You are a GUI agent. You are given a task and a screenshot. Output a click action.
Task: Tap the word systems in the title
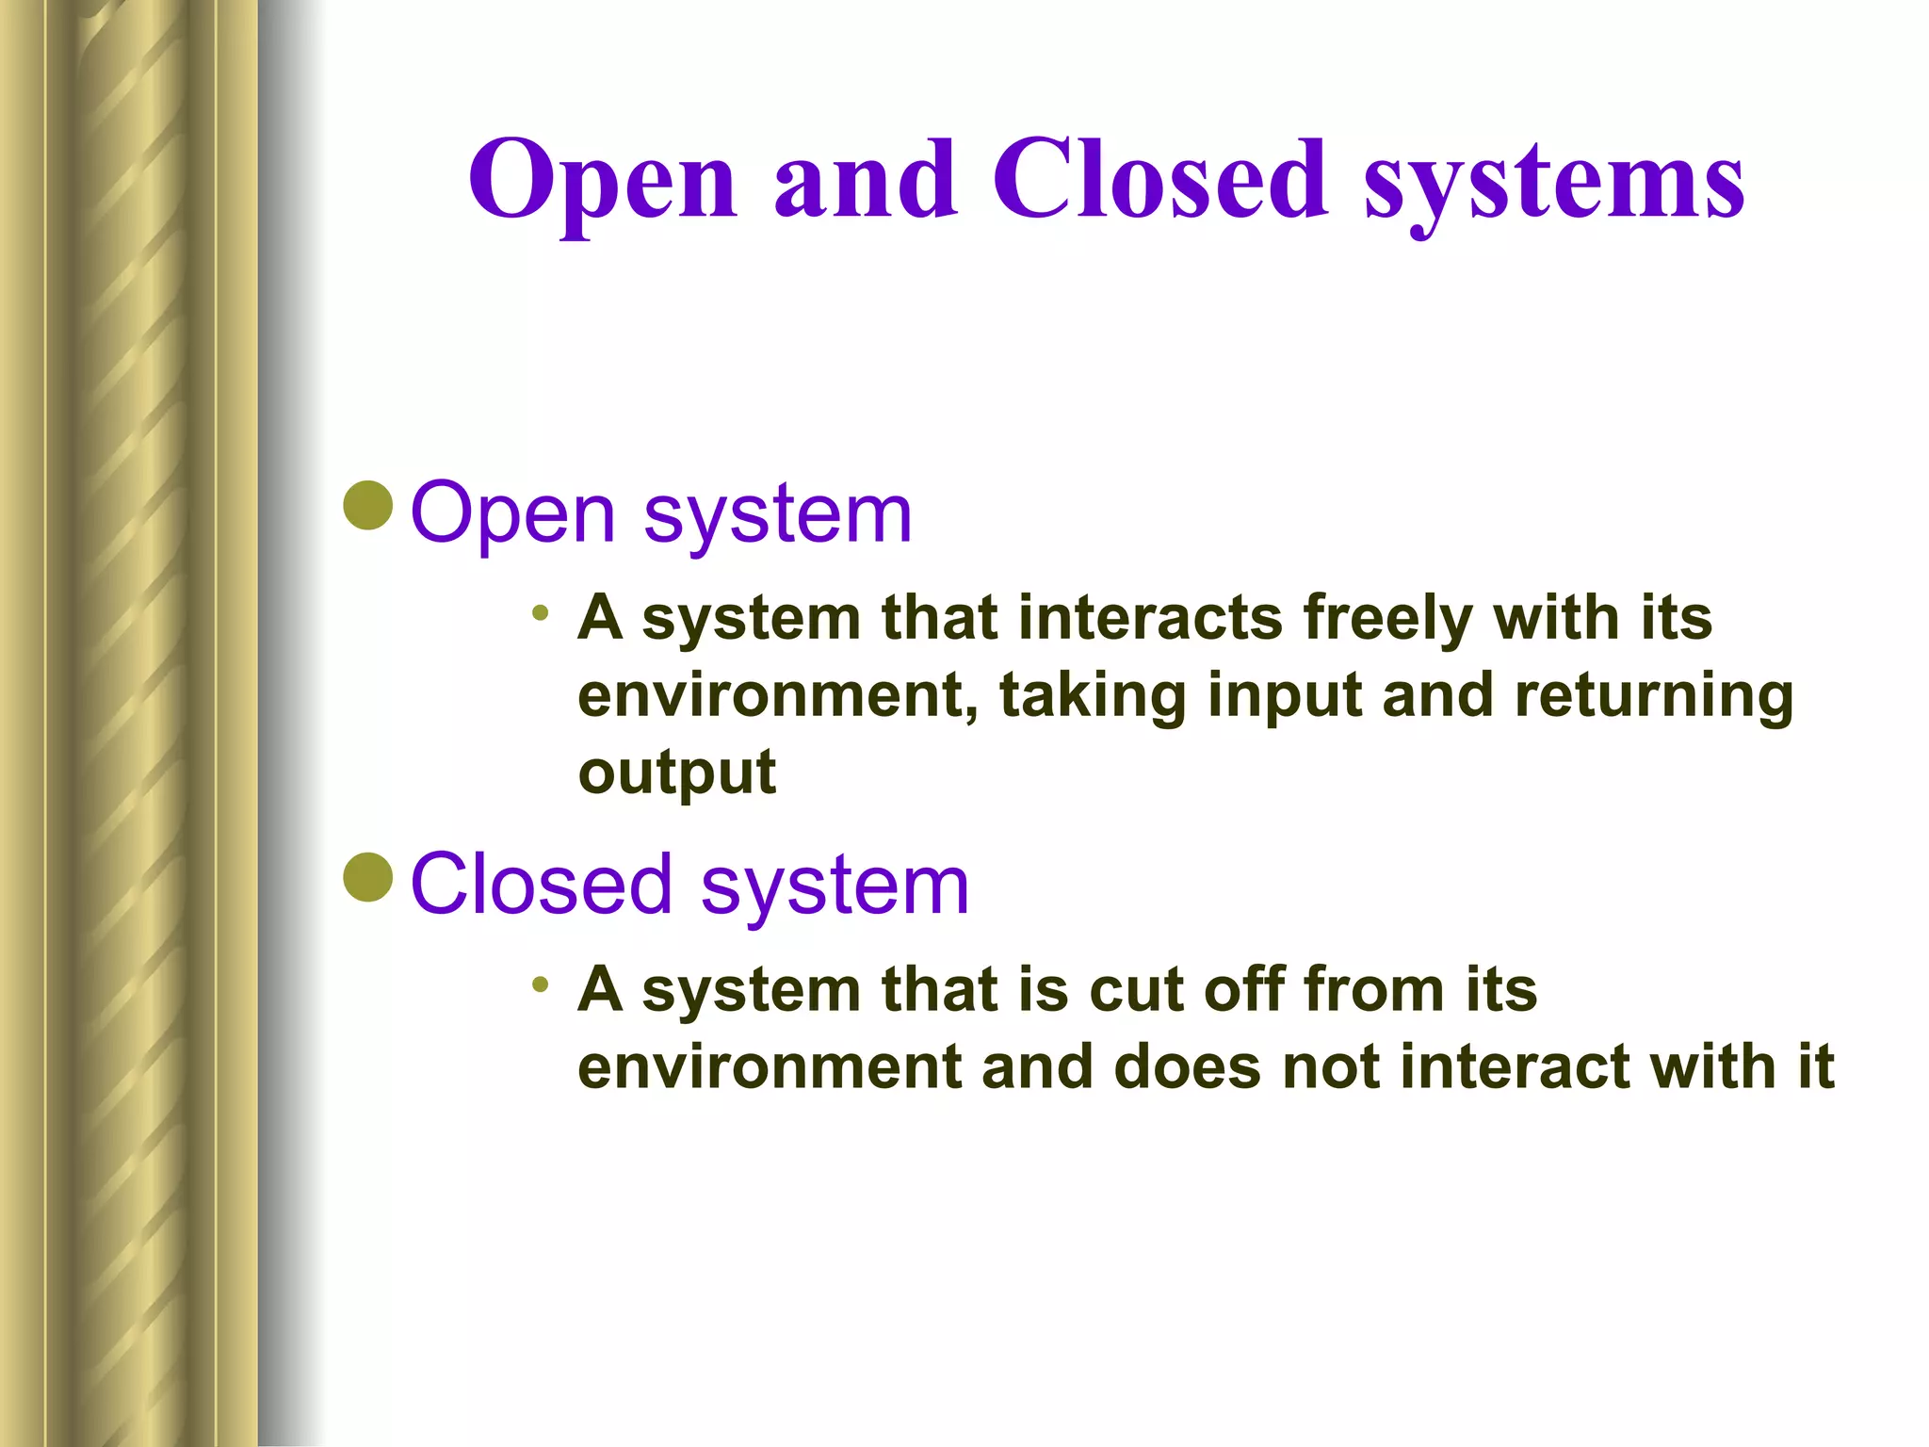1554,184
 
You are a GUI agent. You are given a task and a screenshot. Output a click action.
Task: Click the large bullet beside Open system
368,506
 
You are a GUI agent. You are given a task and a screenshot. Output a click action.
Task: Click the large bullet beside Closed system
368,877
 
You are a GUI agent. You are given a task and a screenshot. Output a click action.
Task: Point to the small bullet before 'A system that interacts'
540,613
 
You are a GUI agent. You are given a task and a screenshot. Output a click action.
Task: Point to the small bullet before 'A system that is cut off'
540,985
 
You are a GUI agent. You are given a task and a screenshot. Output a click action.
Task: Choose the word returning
1654,697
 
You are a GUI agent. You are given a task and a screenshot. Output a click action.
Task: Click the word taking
1092,697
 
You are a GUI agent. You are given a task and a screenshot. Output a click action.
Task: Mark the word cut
1136,990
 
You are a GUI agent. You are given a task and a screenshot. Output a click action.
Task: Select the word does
1187,1067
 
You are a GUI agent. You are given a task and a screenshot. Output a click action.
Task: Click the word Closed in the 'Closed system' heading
541,884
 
